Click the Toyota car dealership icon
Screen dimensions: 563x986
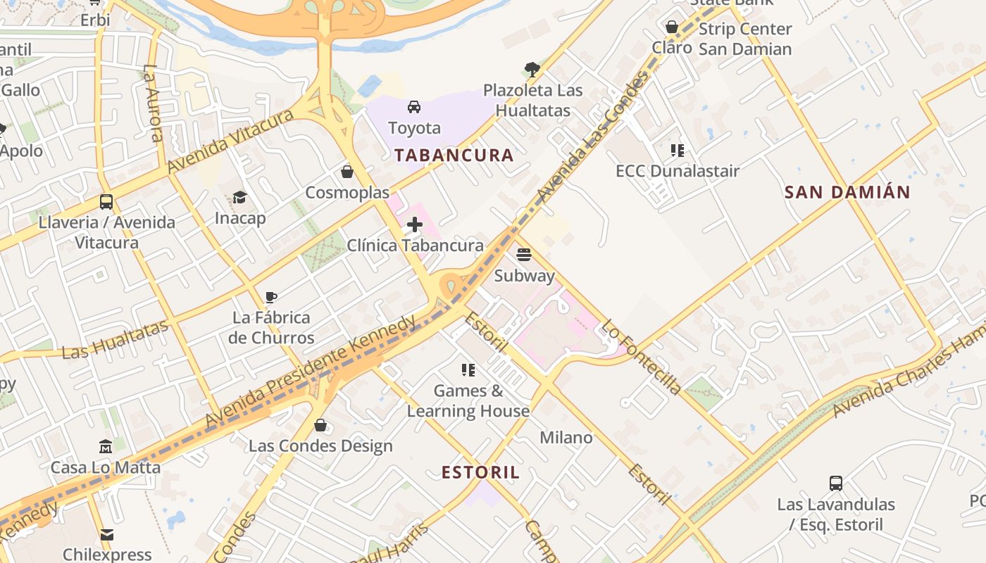click(x=414, y=107)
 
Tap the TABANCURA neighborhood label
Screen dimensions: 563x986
click(x=454, y=156)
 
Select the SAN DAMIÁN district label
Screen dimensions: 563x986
click(x=847, y=192)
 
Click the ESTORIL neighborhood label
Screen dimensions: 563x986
click(x=480, y=472)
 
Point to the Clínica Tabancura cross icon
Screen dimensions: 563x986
click(x=415, y=225)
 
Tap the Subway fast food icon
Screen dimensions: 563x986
click(x=523, y=255)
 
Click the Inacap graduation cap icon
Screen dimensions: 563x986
click(x=240, y=197)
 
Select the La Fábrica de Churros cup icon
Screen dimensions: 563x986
click(x=271, y=297)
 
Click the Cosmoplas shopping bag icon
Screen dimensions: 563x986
click(x=347, y=172)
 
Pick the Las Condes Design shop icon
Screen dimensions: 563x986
click(x=320, y=425)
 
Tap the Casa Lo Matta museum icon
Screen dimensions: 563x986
click(x=106, y=446)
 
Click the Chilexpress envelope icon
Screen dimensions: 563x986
click(x=107, y=534)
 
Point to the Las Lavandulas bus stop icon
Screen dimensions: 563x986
click(x=836, y=483)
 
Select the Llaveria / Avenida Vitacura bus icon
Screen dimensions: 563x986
click(x=106, y=202)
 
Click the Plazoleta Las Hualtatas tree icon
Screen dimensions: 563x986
click(x=532, y=69)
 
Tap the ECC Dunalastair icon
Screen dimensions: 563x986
click(x=678, y=150)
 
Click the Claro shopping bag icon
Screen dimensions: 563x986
click(x=672, y=27)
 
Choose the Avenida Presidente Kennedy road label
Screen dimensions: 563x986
click(x=310, y=371)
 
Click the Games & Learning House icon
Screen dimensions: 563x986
click(x=468, y=369)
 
